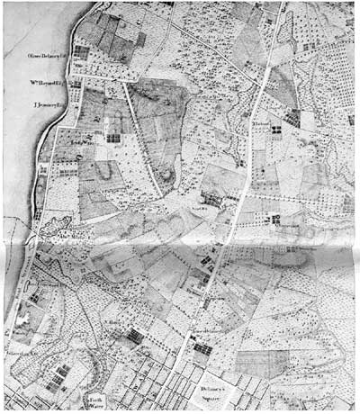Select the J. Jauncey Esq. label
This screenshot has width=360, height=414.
click(48, 104)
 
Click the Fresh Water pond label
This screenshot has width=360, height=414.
click(96, 399)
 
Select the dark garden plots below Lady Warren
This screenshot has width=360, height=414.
click(112, 138)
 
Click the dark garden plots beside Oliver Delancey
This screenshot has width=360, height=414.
click(81, 52)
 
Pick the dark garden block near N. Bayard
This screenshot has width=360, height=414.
click(136, 336)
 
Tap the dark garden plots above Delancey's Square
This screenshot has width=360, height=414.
click(202, 344)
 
